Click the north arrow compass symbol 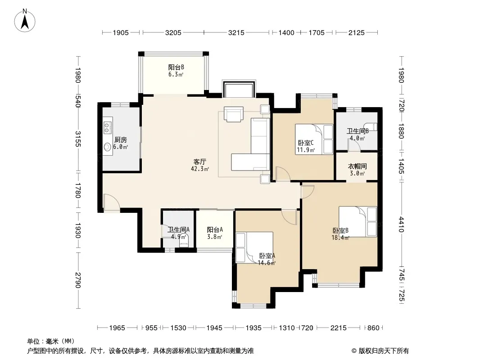tap(25, 21)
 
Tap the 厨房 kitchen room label tap(120, 140)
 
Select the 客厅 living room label tap(199, 162)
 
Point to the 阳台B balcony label tap(176, 67)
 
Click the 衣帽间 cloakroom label tap(357, 166)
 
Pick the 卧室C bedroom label tap(305, 143)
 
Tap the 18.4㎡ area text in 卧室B tap(340, 238)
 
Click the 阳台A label tap(215, 229)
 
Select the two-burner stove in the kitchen tap(107, 127)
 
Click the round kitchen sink tap(107, 147)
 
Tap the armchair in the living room tap(234, 114)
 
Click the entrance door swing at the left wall tap(111, 202)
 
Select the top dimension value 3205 tap(173, 32)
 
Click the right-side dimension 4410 tap(401, 225)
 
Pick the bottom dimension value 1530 tap(178, 328)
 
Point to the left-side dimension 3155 tap(78, 139)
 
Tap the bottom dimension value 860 tap(373, 328)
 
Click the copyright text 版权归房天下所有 tap(384, 351)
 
